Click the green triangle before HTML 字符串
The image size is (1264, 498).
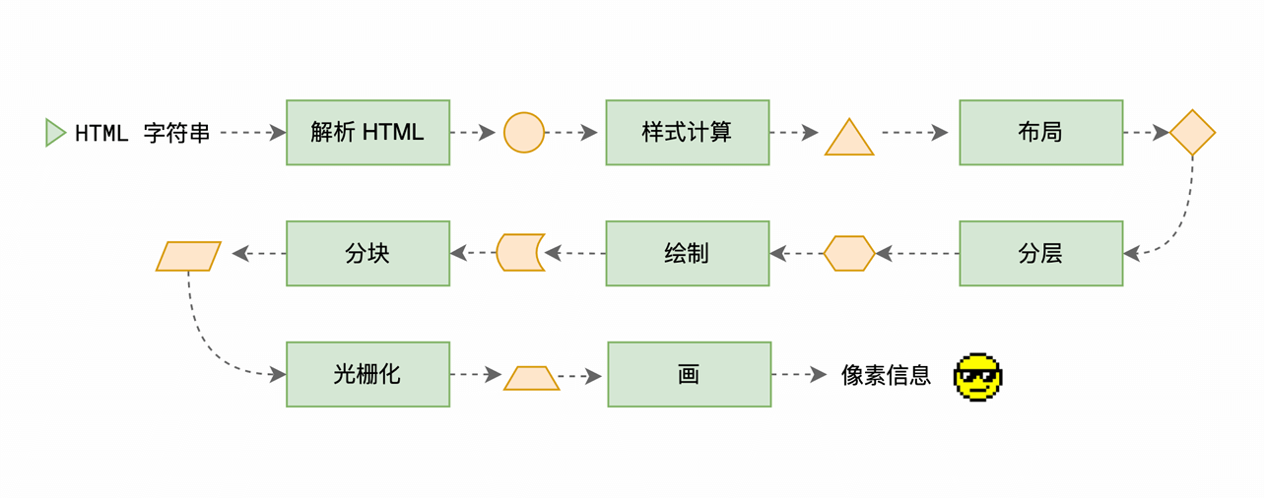(x=55, y=133)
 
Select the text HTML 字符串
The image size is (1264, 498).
(x=143, y=133)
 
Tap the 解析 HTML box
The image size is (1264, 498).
(x=367, y=132)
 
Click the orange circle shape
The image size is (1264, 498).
(x=524, y=133)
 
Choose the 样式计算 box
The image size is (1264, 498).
(x=687, y=132)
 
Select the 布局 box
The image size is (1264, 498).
(x=1040, y=132)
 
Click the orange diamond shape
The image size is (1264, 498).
(x=1192, y=133)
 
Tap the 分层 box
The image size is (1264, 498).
(x=1040, y=253)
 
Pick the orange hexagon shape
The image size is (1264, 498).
(x=849, y=254)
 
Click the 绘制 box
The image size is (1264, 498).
(x=687, y=253)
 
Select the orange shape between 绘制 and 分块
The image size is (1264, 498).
(x=519, y=253)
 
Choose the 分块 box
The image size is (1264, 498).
(x=367, y=253)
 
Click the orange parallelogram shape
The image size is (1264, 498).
(x=188, y=256)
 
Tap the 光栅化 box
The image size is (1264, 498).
(x=367, y=374)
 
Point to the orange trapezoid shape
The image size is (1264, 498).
(x=531, y=379)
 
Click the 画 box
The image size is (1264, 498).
(x=689, y=374)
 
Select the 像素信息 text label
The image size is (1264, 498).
(x=886, y=375)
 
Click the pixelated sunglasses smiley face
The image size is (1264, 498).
(x=977, y=376)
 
